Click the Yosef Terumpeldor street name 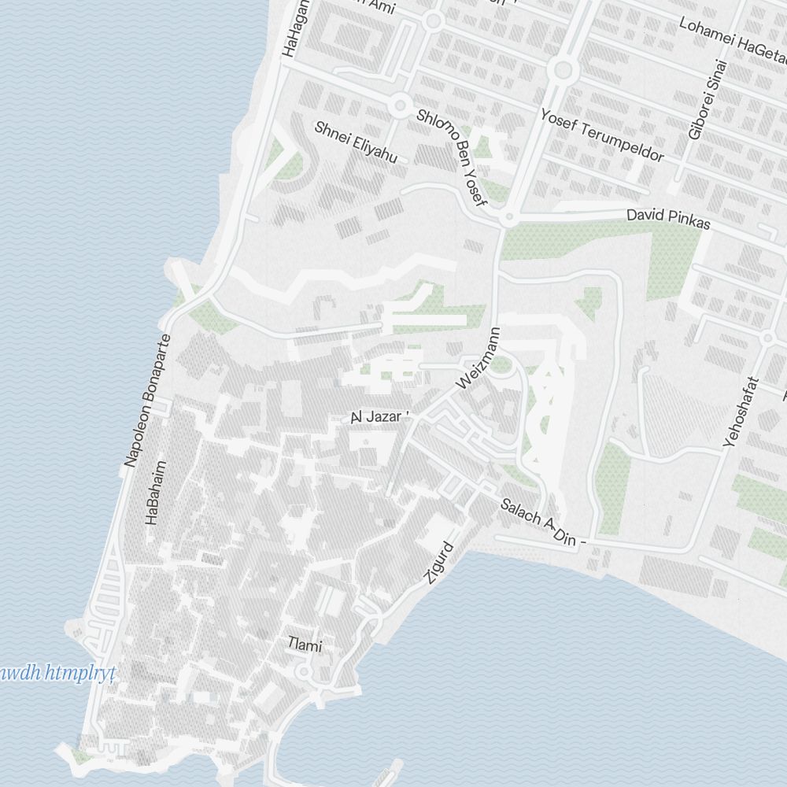[x=602, y=135]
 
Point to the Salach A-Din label [x=543, y=523]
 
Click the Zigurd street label [x=439, y=563]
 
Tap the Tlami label [x=305, y=646]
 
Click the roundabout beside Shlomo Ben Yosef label [x=401, y=104]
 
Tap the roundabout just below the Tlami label [x=304, y=671]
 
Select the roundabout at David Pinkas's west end [x=510, y=218]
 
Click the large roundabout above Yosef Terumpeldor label [x=562, y=71]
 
